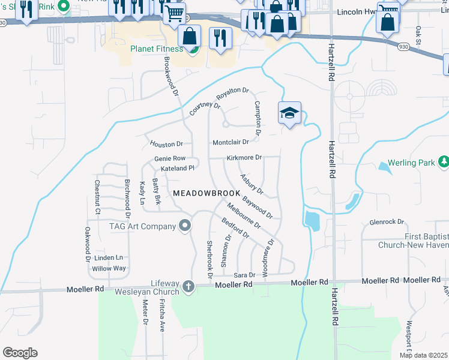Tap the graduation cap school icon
click(289, 113)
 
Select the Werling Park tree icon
click(444, 162)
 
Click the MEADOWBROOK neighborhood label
click(202, 193)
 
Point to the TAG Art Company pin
click(185, 226)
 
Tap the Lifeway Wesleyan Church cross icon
click(188, 286)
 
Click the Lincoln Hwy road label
click(361, 12)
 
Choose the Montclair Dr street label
click(231, 142)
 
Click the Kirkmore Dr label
click(244, 158)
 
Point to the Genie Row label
click(170, 158)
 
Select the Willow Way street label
click(109, 269)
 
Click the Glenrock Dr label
click(387, 222)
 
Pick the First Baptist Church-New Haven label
click(414, 241)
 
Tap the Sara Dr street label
click(244, 274)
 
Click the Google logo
click(20, 353)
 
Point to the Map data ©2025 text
click(423, 355)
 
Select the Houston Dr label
click(166, 145)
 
